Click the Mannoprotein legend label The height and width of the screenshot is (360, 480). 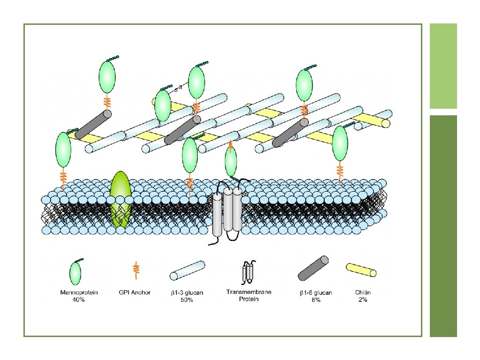tap(79, 292)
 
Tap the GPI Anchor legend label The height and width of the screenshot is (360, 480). tap(135, 292)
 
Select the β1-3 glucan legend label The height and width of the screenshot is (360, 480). tap(187, 293)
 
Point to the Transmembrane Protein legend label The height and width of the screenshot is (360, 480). tap(249, 295)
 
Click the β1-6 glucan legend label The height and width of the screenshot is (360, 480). tap(316, 293)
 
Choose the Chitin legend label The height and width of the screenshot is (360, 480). tap(362, 292)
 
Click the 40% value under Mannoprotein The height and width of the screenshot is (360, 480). tap(79, 300)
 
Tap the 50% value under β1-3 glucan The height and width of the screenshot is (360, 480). tap(187, 300)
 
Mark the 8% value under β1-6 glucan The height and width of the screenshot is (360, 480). tap(316, 300)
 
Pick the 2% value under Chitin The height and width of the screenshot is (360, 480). tap(362, 300)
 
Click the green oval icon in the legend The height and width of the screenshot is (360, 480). tap(75, 273)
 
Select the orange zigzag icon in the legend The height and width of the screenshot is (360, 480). tap(136, 269)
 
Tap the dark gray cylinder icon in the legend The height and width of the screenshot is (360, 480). tap(314, 270)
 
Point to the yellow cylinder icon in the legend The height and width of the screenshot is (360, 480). tap(361, 270)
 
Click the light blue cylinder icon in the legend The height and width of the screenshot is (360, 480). tap(187, 271)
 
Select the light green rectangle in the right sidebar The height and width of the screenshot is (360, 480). tap(443, 66)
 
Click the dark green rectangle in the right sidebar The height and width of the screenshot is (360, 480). tap(443, 225)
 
